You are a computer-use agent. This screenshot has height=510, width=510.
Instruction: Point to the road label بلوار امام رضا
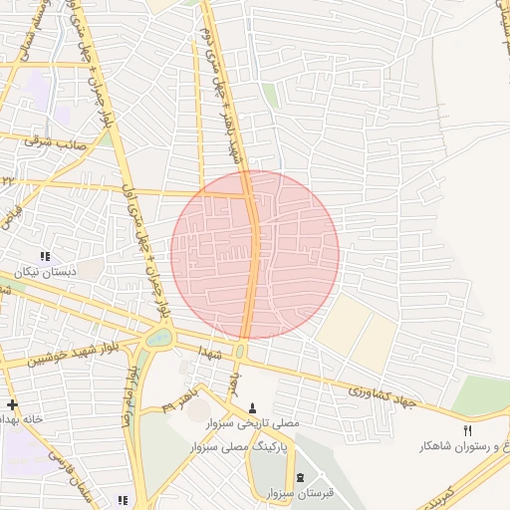pyautogui.click(x=130, y=394)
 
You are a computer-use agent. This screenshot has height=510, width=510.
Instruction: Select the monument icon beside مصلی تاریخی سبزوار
pyautogui.click(x=251, y=407)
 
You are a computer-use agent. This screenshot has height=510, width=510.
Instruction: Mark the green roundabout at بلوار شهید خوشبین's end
pyautogui.click(x=158, y=338)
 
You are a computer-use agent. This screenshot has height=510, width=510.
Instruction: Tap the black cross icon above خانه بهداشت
pyautogui.click(x=11, y=404)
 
